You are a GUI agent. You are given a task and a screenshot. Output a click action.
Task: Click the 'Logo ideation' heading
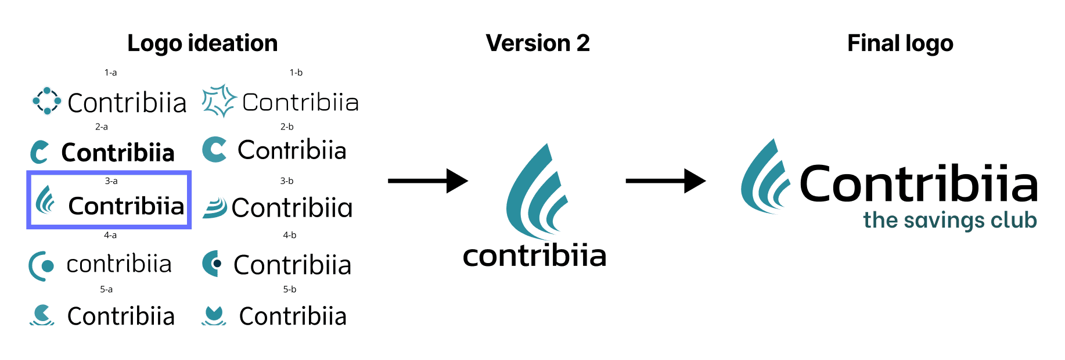[x=203, y=44]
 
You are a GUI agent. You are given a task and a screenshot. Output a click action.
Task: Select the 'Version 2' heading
[x=538, y=43]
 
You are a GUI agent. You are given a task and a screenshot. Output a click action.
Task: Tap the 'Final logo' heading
[x=900, y=44]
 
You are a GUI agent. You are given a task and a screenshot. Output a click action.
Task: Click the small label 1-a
[x=110, y=73]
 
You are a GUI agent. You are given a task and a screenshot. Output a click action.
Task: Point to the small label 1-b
[x=296, y=73]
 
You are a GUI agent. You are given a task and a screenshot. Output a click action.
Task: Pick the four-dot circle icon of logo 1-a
[x=47, y=101]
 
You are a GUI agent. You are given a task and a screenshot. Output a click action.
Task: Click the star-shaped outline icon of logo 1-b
[x=219, y=100]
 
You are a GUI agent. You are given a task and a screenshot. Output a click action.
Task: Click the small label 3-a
[x=111, y=181]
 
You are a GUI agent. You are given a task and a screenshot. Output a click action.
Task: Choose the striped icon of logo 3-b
[x=215, y=208]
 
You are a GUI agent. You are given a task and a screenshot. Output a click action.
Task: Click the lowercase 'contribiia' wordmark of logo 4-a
[x=119, y=264]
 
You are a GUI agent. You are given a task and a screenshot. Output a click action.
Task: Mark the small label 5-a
[x=106, y=289]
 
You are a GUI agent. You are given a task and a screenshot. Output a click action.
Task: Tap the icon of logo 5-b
[x=214, y=315]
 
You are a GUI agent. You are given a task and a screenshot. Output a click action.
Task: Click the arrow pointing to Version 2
[x=428, y=181]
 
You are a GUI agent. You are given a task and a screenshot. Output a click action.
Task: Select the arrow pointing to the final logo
[x=665, y=181]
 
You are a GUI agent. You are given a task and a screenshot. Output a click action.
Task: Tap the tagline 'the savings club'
[x=950, y=221]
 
